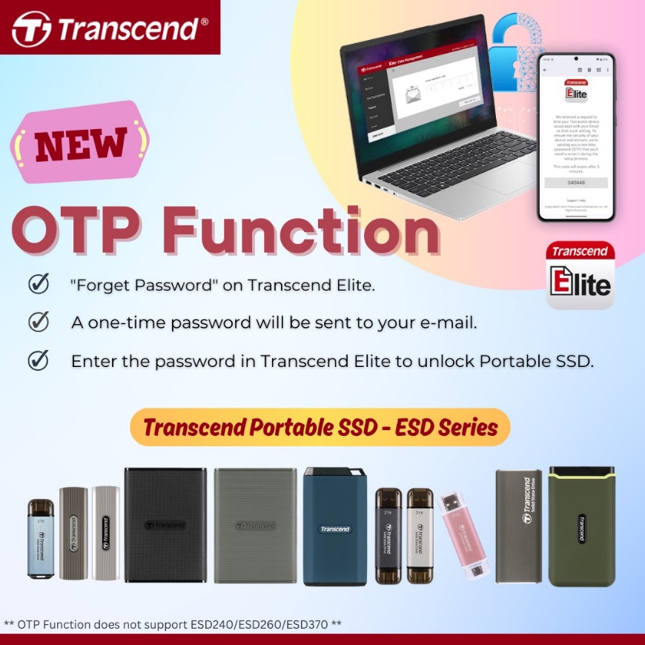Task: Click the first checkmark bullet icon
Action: click(38, 285)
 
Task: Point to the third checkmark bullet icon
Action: click(38, 361)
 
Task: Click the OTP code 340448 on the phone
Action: click(576, 182)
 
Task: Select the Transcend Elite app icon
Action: click(580, 274)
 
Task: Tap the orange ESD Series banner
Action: click(320, 427)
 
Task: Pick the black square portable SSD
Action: click(165, 524)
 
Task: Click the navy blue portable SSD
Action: click(335, 526)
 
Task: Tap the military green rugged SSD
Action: click(582, 526)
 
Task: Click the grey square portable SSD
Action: click(255, 524)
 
